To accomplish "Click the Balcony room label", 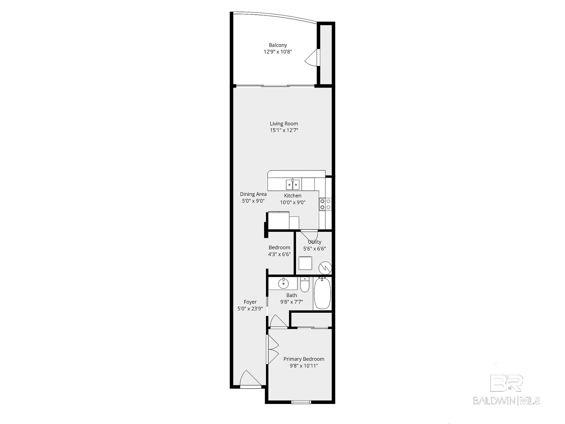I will click(x=278, y=45).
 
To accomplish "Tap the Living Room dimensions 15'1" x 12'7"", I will click(x=284, y=130).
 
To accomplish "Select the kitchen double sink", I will click(x=293, y=184).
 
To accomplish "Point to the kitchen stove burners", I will click(x=325, y=204).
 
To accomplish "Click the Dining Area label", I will click(x=253, y=194).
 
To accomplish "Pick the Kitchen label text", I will click(x=293, y=196).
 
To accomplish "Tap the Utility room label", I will click(x=314, y=242).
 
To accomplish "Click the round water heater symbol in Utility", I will click(x=325, y=268).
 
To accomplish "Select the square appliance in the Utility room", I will click(x=305, y=263).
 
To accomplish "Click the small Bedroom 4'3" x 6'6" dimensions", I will click(x=279, y=254).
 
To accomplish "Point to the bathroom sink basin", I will click(x=283, y=283).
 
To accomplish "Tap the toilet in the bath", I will click(x=304, y=285).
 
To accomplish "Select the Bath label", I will click(x=291, y=295).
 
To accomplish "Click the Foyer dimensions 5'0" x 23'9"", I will click(x=250, y=309).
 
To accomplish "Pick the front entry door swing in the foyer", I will click(x=250, y=379).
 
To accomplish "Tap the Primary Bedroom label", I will click(x=304, y=359).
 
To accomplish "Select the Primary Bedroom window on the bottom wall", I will click(x=301, y=402).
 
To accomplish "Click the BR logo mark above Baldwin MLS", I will click(x=506, y=383).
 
